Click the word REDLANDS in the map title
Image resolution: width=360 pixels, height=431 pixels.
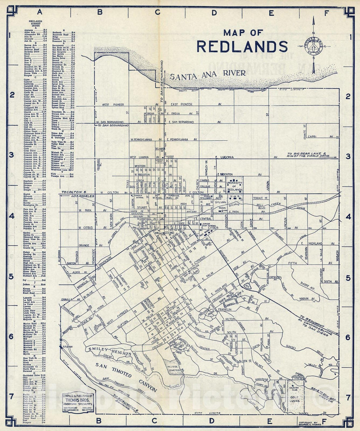point(242,46)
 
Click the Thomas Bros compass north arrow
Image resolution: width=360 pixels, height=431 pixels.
point(314,46)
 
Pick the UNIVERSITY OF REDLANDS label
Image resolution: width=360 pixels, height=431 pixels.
point(234,185)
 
